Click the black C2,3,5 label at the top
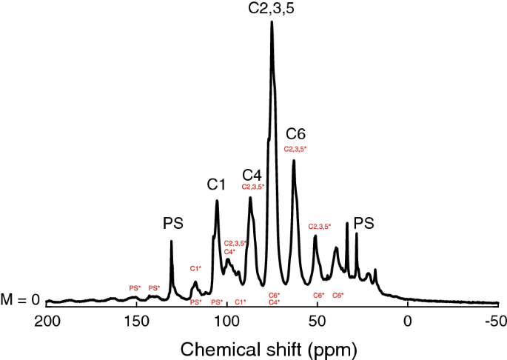[x=272, y=9]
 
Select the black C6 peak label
[x=295, y=134]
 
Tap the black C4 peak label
[x=252, y=174]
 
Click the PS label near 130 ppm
[x=172, y=223]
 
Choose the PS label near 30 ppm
[x=364, y=223]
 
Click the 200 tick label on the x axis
[x=47, y=321]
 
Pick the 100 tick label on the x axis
[x=226, y=321]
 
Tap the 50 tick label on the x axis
[x=317, y=321]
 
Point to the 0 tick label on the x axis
[x=407, y=321]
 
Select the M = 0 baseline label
[x=19, y=300]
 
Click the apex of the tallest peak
[x=272, y=22]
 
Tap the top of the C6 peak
[x=294, y=161]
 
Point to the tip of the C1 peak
[x=217, y=201]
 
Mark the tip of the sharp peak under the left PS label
[x=171, y=241]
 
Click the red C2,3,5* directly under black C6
[x=295, y=149]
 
